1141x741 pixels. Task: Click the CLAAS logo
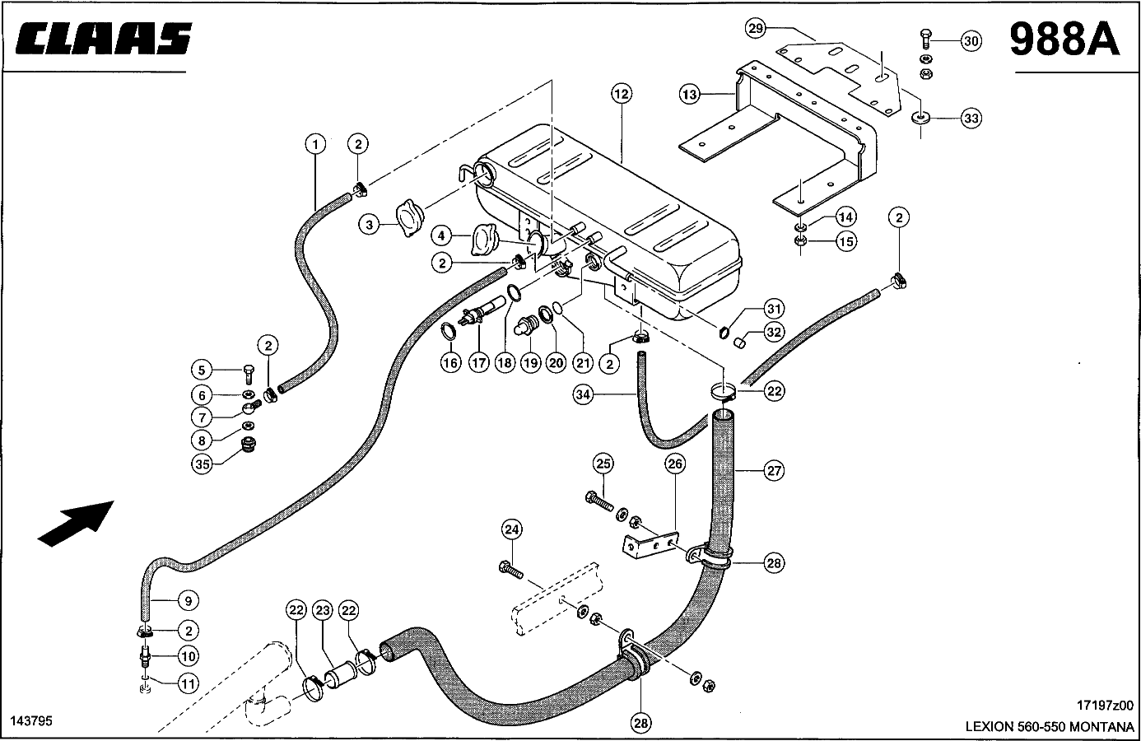point(103,39)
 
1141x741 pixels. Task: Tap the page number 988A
point(1064,39)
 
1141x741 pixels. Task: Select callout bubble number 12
point(622,94)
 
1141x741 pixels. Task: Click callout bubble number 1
point(314,144)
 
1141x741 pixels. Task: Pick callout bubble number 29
point(756,29)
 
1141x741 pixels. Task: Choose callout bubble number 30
point(971,41)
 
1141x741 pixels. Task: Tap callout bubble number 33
point(971,119)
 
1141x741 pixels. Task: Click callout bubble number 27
point(774,471)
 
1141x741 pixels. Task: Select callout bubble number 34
point(584,395)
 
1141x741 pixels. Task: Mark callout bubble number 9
point(188,601)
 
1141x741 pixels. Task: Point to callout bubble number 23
point(323,610)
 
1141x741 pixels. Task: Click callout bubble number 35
point(203,464)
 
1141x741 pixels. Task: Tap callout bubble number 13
point(690,95)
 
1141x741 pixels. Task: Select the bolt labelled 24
point(510,567)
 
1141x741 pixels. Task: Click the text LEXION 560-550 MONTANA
point(1050,727)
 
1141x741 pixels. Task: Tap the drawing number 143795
point(31,720)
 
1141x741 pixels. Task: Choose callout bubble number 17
point(479,361)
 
